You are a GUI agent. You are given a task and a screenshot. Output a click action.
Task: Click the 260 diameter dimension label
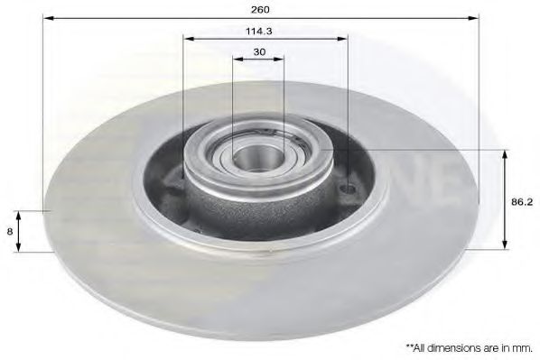point(260,10)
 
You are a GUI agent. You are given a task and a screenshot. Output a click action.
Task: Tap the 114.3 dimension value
point(258,31)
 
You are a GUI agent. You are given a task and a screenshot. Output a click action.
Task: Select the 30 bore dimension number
point(259,52)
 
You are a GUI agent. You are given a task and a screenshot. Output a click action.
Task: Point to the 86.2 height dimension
point(522,202)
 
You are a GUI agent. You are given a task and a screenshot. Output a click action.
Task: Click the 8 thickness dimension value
point(10,231)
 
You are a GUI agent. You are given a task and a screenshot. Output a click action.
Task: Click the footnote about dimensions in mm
point(470,347)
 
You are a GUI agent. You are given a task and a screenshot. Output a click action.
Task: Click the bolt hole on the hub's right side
point(349,189)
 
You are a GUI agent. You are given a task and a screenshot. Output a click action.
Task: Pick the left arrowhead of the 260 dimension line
point(48,18)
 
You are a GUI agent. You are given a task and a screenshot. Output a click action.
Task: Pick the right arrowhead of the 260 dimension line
point(474,18)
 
